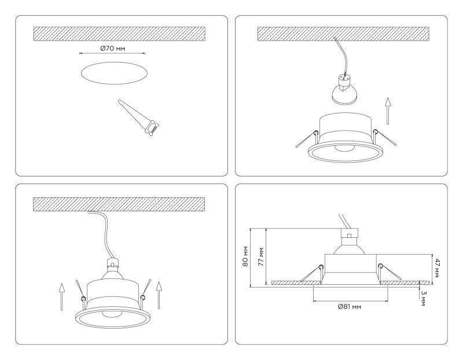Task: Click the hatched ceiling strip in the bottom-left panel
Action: tap(119, 204)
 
